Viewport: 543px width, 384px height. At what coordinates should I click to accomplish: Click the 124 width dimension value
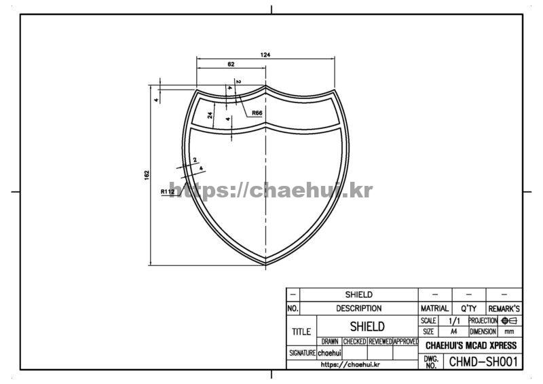[x=265, y=55]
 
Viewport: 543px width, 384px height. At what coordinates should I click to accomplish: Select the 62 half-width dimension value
[x=231, y=64]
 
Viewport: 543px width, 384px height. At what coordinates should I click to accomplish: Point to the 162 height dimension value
[x=147, y=175]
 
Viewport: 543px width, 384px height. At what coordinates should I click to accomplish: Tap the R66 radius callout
[x=257, y=113]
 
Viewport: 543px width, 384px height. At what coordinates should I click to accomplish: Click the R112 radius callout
[x=168, y=191]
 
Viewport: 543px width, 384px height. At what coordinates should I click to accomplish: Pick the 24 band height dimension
[x=210, y=115]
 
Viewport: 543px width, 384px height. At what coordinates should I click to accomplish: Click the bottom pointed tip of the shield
[x=265, y=265]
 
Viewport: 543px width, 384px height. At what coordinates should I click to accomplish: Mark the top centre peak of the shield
[x=265, y=85]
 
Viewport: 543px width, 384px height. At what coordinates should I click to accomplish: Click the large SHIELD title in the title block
[x=367, y=326]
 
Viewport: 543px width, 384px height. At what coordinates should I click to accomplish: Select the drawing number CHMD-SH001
[x=483, y=362]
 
